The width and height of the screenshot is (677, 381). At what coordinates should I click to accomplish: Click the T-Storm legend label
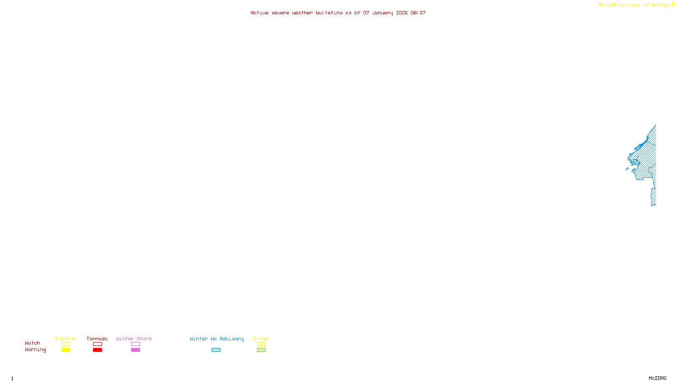point(65,339)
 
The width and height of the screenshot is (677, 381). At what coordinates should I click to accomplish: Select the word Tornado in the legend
point(97,339)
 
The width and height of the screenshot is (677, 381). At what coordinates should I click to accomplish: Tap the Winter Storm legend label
point(134,339)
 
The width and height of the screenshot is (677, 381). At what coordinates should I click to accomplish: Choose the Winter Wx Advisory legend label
point(217,339)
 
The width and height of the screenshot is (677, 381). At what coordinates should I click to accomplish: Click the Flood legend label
point(261,339)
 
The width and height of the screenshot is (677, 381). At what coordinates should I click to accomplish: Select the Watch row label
point(33,343)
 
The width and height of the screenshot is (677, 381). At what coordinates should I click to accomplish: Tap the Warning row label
point(36,350)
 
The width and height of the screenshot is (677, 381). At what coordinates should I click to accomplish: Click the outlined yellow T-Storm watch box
point(66,344)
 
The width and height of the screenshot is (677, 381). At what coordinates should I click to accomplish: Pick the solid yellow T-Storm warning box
point(66,350)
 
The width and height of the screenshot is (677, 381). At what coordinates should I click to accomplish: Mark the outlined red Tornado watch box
point(97,344)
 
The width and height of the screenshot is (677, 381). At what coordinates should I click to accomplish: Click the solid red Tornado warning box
point(97,350)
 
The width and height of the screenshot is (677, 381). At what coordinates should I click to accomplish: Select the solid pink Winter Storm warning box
point(135,350)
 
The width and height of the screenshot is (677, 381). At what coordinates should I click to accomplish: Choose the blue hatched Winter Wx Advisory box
point(216,350)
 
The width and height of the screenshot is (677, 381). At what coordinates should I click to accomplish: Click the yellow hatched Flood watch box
point(261,344)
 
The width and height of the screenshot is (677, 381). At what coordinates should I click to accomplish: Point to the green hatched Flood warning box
point(261,350)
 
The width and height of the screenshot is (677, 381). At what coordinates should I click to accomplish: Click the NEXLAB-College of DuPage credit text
point(634,5)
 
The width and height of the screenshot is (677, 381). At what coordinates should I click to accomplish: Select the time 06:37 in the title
point(418,13)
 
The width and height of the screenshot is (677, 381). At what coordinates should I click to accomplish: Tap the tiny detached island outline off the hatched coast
point(627,169)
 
